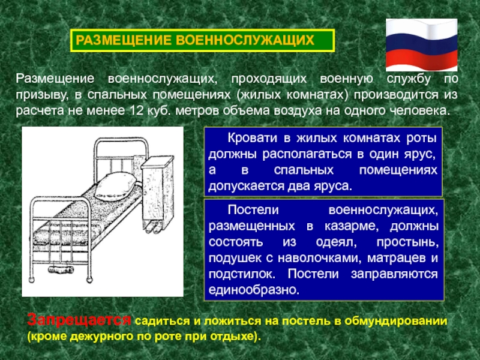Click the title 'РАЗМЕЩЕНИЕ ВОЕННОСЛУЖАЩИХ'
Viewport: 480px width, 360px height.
(202, 41)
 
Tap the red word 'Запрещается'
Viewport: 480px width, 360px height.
(79, 320)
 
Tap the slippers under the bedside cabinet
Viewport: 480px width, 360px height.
(151, 227)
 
